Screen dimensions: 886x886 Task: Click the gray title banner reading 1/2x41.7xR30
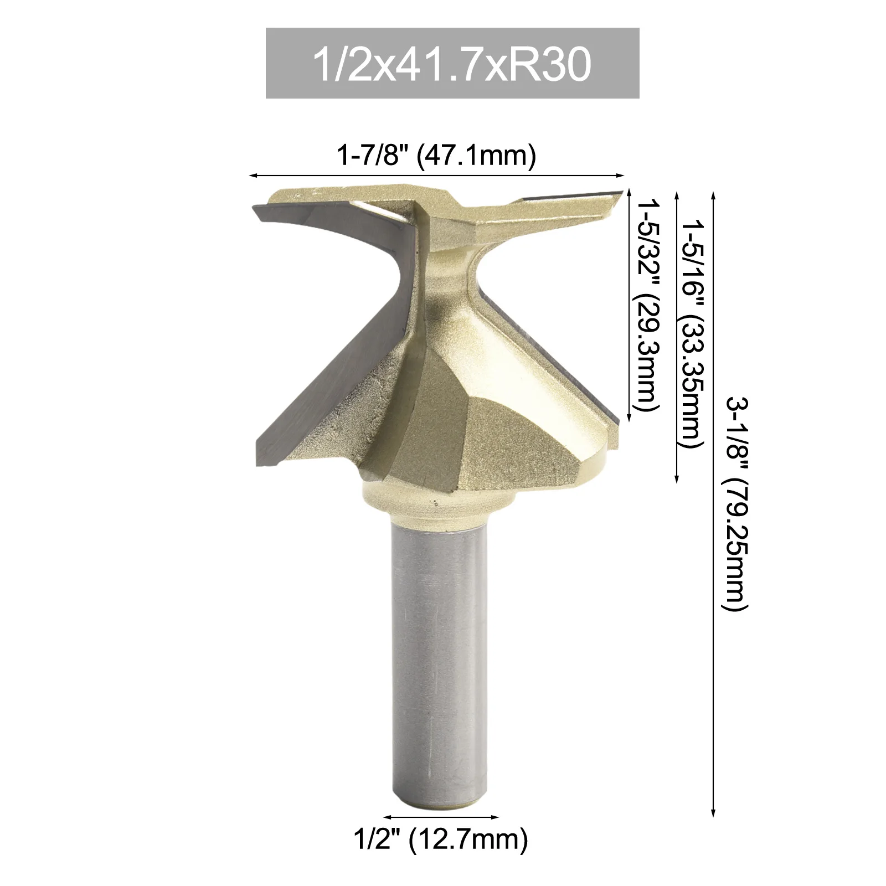click(x=452, y=64)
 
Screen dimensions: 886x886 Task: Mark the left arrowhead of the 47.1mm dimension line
click(x=253, y=176)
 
